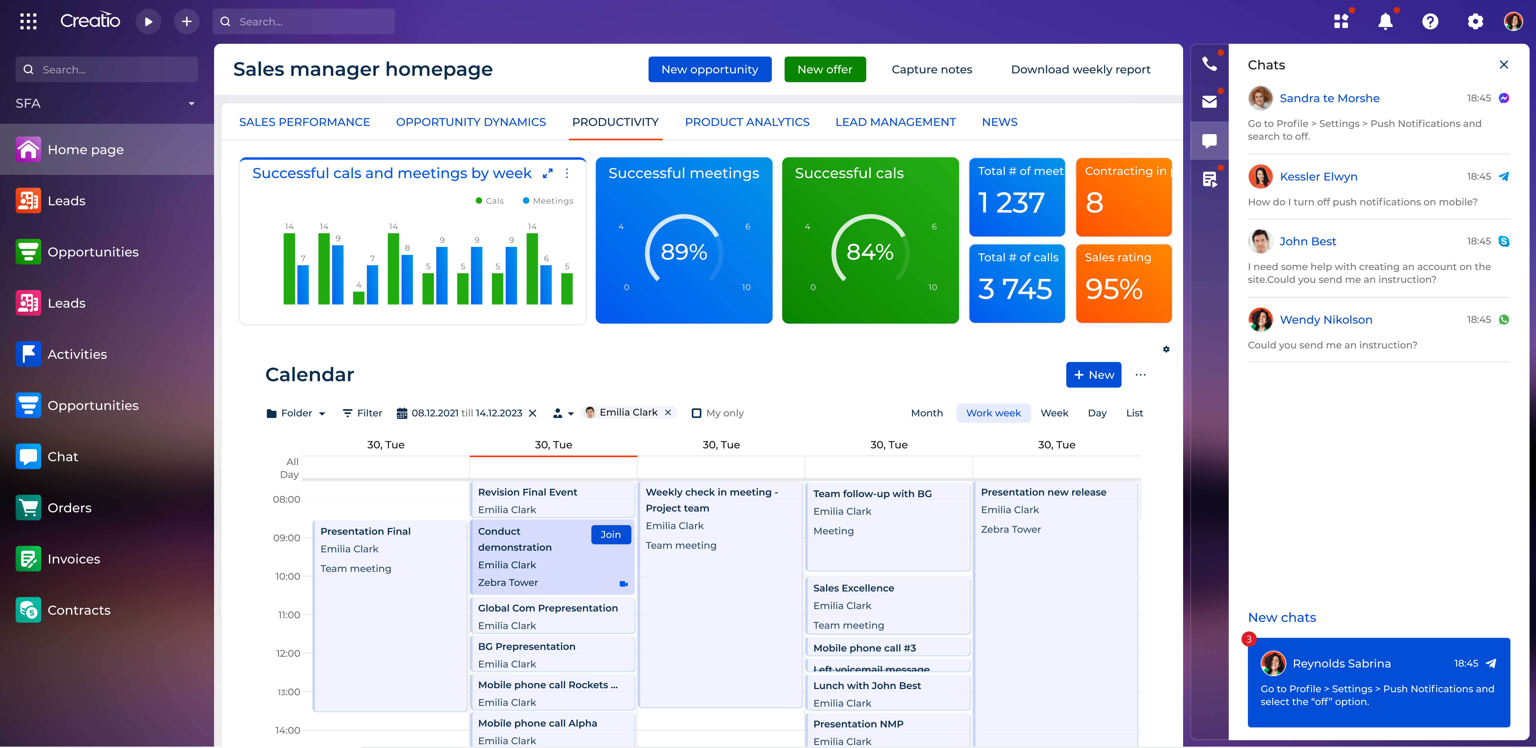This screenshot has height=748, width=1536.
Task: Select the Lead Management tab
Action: click(895, 122)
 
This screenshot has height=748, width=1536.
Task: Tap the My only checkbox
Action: click(696, 413)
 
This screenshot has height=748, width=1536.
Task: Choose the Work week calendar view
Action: click(993, 413)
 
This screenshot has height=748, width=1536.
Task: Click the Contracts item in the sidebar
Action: click(79, 610)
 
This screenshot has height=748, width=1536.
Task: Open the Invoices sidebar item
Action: click(73, 559)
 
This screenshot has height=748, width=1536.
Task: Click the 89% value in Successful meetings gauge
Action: click(683, 252)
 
